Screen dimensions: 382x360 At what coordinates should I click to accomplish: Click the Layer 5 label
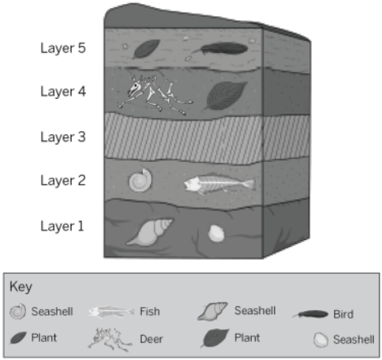(63, 48)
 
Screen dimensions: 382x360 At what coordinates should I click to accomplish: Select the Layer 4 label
(63, 92)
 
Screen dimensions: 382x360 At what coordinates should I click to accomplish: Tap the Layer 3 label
(63, 137)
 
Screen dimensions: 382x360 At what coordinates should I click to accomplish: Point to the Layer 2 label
(63, 181)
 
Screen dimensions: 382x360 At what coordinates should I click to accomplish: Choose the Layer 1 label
(62, 226)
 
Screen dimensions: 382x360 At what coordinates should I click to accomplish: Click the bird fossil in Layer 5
(220, 49)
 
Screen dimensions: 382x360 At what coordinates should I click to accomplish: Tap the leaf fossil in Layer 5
(146, 49)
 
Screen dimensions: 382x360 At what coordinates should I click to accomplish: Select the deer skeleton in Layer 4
(155, 94)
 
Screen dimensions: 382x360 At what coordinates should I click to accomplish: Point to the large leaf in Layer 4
(225, 96)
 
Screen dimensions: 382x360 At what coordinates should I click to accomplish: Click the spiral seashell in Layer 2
(140, 180)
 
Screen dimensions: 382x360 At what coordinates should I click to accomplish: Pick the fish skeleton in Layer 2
(219, 183)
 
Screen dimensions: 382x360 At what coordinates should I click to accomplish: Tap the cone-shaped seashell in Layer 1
(150, 232)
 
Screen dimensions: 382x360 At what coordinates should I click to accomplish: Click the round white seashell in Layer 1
(216, 234)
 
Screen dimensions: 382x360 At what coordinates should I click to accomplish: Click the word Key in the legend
(21, 287)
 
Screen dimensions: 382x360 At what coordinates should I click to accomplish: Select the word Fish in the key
(150, 312)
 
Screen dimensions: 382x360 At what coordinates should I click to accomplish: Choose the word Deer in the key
(152, 339)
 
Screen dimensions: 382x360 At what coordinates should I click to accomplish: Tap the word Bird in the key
(343, 314)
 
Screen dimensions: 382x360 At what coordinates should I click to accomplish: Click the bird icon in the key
(310, 314)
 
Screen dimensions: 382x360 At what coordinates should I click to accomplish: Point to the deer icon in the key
(110, 339)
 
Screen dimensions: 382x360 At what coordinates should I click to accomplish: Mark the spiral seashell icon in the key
(18, 312)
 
